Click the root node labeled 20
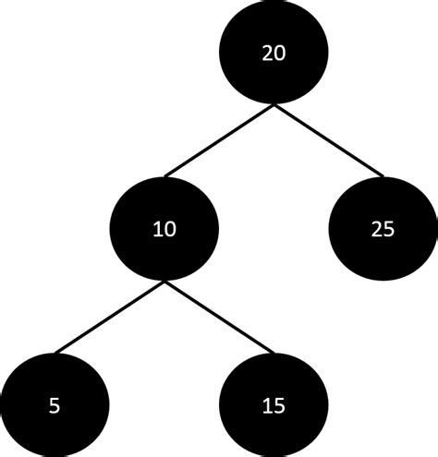click(274, 54)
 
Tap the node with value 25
click(383, 228)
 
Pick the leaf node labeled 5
click(55, 403)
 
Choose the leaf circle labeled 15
click(274, 403)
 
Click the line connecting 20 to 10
click(219, 140)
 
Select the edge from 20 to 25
click(328, 140)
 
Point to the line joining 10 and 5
click(109, 317)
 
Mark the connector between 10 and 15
click(219, 317)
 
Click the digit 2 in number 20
click(267, 54)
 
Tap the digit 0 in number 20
click(280, 54)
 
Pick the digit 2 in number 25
click(376, 228)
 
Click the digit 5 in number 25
click(389, 228)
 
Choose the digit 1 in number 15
click(267, 403)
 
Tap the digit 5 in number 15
click(280, 403)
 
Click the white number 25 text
click(383, 228)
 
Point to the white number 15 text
click(274, 403)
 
